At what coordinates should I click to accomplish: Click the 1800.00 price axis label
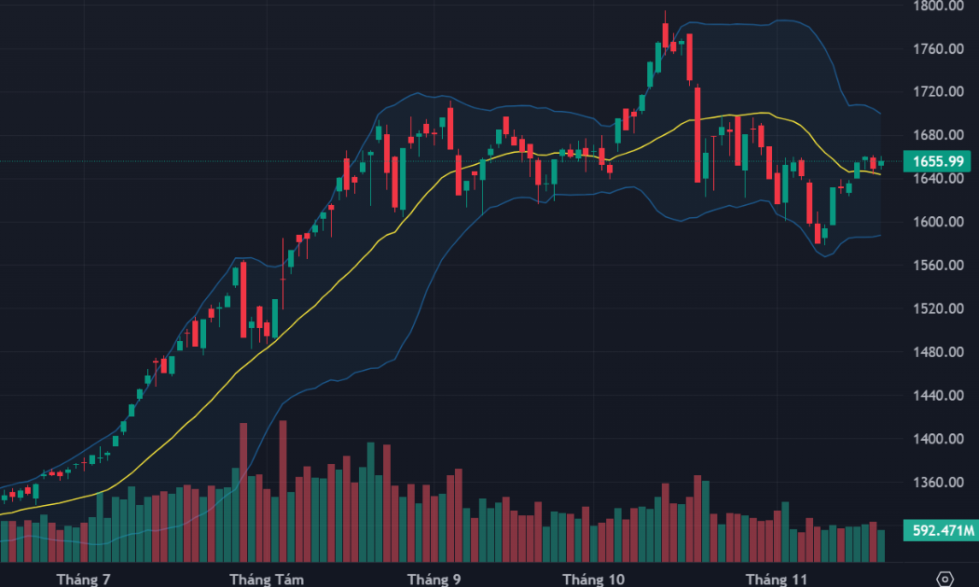pyautogui.click(x=938, y=6)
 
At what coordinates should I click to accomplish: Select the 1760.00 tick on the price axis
pyautogui.click(x=938, y=48)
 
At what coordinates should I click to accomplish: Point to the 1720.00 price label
pyautogui.click(x=938, y=92)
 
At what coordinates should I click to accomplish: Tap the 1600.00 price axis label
pyautogui.click(x=938, y=222)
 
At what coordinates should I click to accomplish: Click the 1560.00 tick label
pyautogui.click(x=938, y=266)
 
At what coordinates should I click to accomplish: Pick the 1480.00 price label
pyautogui.click(x=938, y=352)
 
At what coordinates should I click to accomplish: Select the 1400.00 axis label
pyautogui.click(x=938, y=439)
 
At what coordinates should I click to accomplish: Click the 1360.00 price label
pyautogui.click(x=938, y=483)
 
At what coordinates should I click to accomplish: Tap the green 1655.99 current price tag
pyautogui.click(x=938, y=161)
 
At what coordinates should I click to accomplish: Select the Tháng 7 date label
pyautogui.click(x=83, y=580)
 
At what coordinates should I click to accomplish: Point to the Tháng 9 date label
pyautogui.click(x=434, y=580)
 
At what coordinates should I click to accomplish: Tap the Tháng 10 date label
pyautogui.click(x=594, y=580)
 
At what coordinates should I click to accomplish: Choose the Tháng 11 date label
pyautogui.click(x=776, y=580)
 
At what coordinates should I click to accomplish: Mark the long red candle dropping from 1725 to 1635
pyautogui.click(x=698, y=135)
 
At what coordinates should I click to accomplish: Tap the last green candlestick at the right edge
pyautogui.click(x=881, y=163)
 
